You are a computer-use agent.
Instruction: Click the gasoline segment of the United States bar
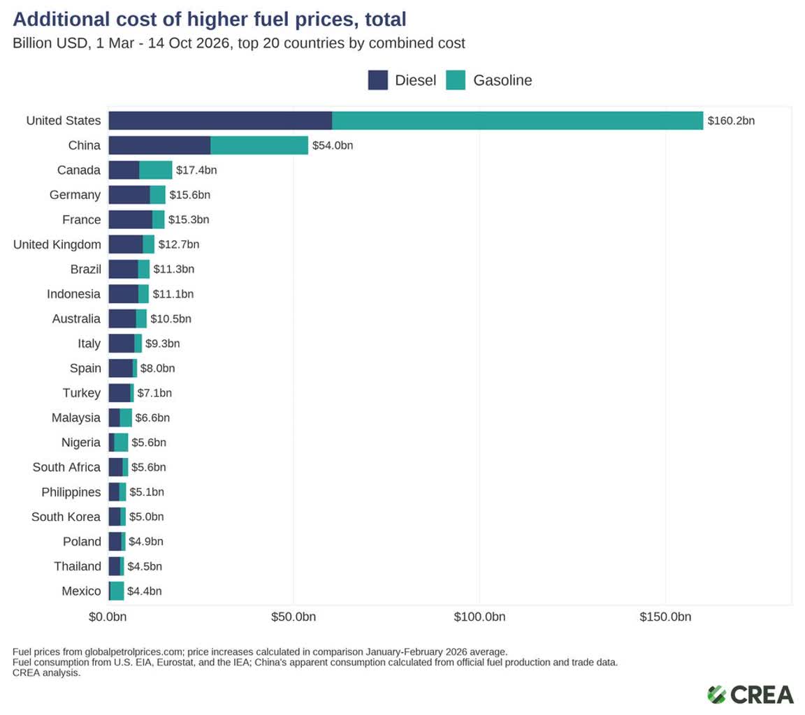pos(518,121)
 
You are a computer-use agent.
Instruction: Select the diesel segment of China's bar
pos(159,145)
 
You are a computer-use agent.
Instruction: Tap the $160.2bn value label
pos(731,121)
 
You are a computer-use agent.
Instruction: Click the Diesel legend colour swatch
pos(378,80)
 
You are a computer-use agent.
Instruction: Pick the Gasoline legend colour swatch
pos(456,80)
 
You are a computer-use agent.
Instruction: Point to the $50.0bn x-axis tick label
pos(293,617)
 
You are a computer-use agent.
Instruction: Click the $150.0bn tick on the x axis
pos(665,617)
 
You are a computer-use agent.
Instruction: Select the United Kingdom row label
pos(57,244)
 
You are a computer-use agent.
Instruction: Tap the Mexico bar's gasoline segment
pos(117,591)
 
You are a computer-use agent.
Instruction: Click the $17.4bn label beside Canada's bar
pos(196,170)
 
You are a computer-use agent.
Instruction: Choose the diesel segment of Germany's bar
pos(129,195)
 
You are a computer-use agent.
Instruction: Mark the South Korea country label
pos(66,517)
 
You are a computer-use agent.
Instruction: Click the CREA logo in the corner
pos(750,695)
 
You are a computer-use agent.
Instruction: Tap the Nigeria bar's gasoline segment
pos(121,443)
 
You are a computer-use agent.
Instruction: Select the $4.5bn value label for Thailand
pos(145,567)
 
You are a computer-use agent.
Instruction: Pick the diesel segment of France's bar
pos(131,219)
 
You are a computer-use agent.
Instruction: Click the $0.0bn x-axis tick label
pos(108,617)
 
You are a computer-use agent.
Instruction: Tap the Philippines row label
pos(71,492)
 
